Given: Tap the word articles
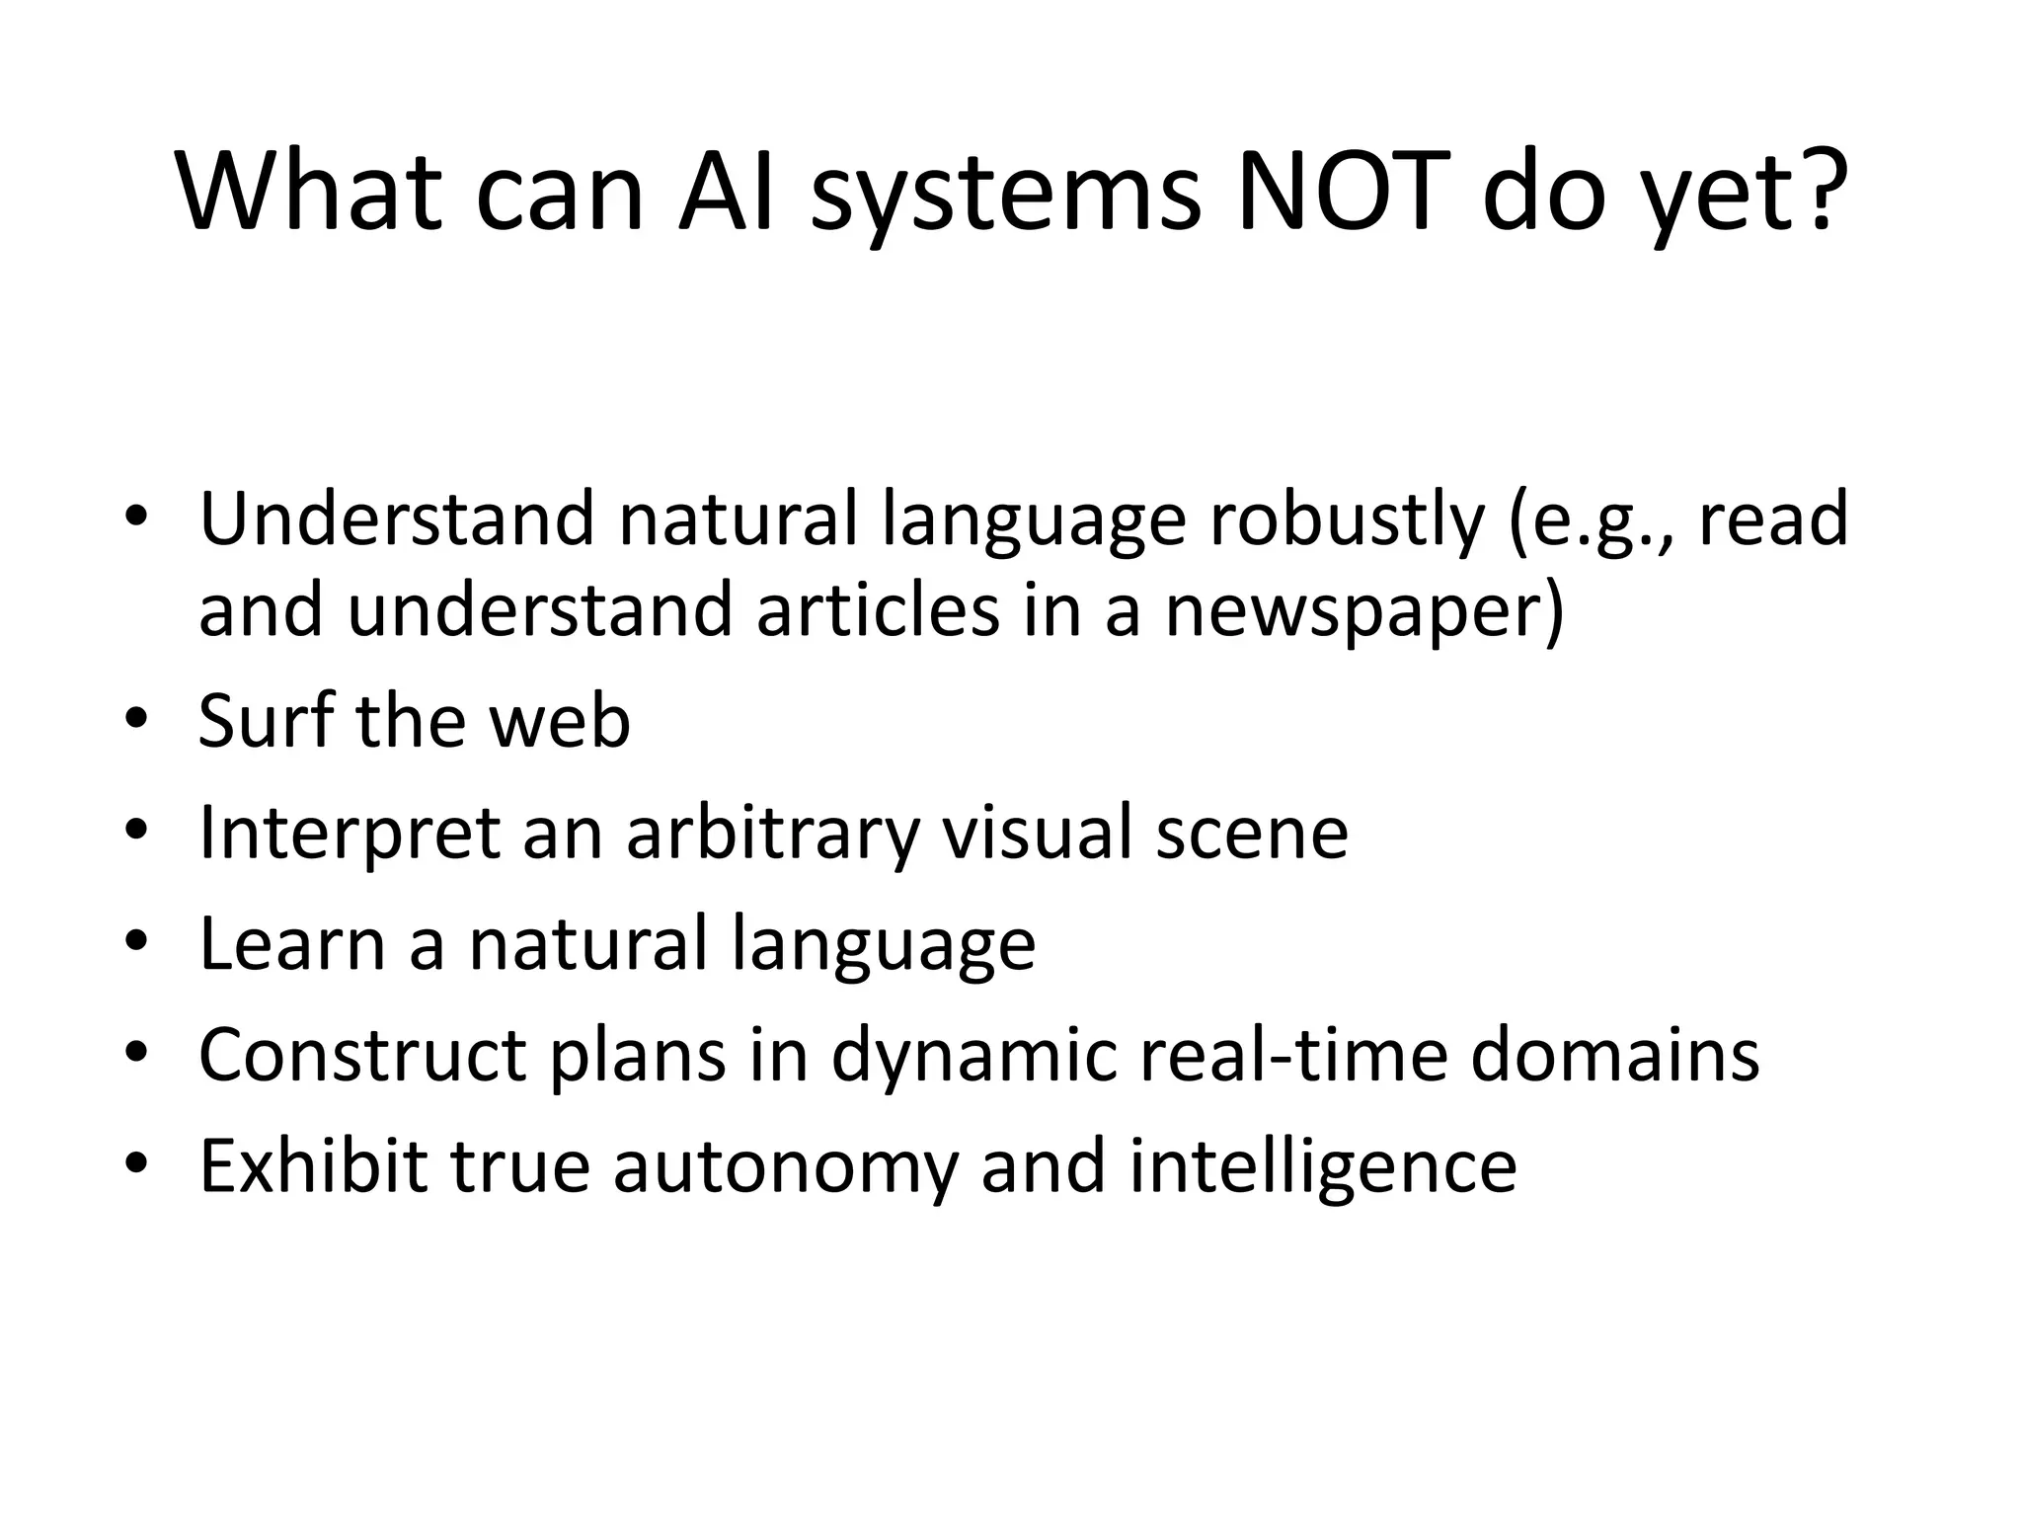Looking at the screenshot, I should [x=878, y=610].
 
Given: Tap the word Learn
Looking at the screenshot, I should [x=292, y=943].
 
